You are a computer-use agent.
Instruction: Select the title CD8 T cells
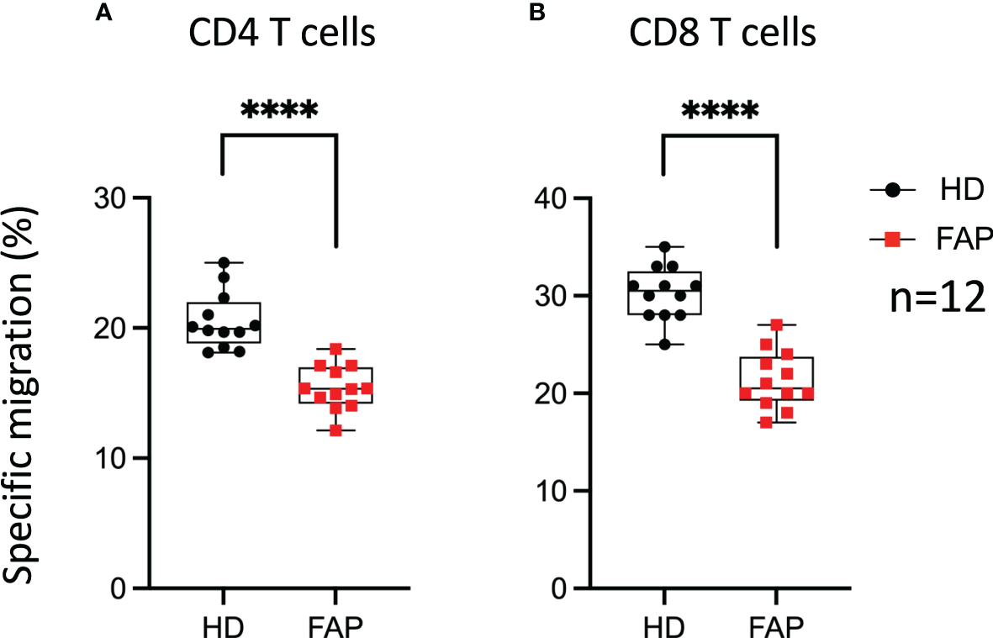[721, 35]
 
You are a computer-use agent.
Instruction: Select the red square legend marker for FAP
[893, 241]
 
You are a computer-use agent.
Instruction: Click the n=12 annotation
[937, 299]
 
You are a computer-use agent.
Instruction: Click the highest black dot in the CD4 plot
[223, 263]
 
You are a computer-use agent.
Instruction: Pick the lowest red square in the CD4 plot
[335, 430]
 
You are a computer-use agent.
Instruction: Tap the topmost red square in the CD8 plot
[776, 324]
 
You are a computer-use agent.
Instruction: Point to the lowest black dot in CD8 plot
[664, 345]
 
